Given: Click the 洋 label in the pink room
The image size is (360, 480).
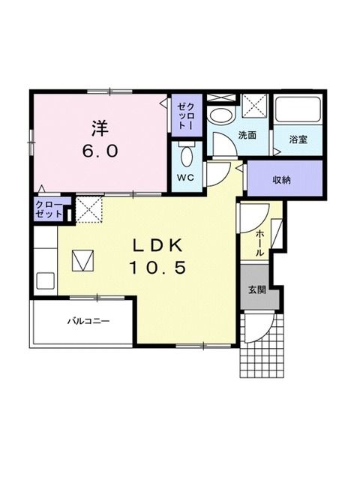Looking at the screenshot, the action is click(100, 129).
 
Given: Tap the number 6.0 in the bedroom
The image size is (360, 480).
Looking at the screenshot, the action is click(100, 151).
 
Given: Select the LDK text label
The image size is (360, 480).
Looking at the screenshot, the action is click(157, 245).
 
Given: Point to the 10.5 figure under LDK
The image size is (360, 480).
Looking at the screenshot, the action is click(157, 268).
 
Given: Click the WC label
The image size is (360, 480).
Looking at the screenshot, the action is click(186, 177).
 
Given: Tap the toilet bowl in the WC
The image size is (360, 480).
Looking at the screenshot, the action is click(187, 156).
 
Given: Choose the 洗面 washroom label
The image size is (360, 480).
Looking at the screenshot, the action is click(247, 135).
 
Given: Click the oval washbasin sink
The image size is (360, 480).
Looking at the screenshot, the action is click(221, 115).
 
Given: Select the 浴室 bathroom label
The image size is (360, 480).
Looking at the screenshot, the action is click(298, 139).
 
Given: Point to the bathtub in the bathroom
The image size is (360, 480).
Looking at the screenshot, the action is click(298, 109).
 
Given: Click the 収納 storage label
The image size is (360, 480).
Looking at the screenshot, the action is click(282, 180).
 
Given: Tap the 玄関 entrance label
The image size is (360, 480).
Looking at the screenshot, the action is click(256, 289).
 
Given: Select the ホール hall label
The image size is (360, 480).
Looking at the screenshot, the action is click(259, 243).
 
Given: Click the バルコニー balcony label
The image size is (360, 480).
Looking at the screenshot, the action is click(88, 322).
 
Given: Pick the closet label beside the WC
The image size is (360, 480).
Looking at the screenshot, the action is click(187, 116).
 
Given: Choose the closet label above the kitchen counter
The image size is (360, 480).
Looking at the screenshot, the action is click(49, 209).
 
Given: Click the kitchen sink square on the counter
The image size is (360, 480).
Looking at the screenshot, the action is click(46, 280).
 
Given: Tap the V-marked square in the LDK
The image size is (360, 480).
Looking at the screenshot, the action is click(82, 260).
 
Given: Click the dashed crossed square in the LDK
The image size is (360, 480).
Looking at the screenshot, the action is click(88, 209).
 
